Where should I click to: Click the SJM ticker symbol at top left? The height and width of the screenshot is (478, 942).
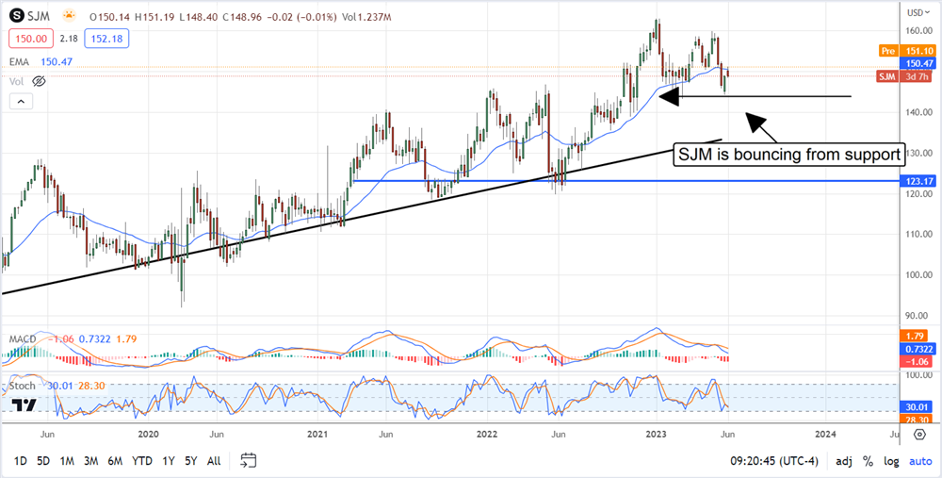pyautogui.click(x=39, y=16)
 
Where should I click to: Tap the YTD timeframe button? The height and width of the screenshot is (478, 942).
pyautogui.click(x=142, y=460)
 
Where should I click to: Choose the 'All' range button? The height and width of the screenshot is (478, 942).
pyautogui.click(x=214, y=460)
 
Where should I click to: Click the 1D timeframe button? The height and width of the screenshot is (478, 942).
pyautogui.click(x=20, y=460)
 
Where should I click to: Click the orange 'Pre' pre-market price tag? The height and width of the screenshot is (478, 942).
pyautogui.click(x=886, y=50)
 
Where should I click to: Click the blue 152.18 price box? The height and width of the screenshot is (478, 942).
pyautogui.click(x=106, y=39)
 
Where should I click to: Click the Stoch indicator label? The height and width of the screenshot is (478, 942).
pyautogui.click(x=23, y=386)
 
